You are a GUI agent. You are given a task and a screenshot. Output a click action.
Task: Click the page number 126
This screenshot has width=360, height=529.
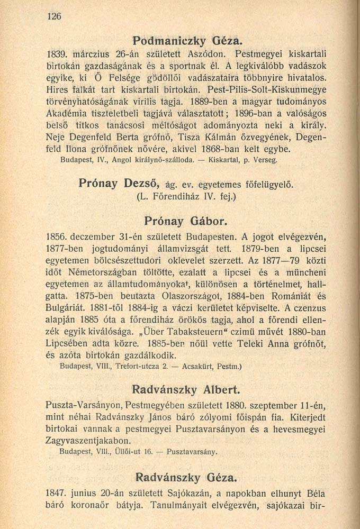click(55, 16)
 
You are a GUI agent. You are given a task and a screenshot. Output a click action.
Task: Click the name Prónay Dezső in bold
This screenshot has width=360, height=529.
click(112, 184)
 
